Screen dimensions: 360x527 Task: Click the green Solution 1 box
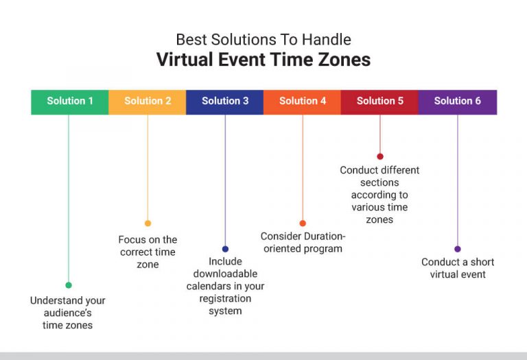point(70,101)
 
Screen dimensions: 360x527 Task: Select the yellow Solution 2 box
point(148,101)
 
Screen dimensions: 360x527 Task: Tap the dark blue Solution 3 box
point(225,101)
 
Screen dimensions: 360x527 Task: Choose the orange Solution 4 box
point(303,101)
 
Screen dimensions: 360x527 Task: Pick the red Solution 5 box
point(379,101)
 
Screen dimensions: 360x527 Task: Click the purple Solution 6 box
point(458,101)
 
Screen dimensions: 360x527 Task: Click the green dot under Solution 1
point(69,285)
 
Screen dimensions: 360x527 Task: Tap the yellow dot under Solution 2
point(148,223)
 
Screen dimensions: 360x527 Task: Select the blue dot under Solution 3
point(225,249)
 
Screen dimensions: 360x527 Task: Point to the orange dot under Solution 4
point(303,223)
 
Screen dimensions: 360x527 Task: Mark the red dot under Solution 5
point(379,156)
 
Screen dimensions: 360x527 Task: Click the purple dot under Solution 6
point(458,249)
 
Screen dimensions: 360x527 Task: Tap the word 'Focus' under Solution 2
point(132,239)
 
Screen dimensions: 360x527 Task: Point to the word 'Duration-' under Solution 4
point(323,236)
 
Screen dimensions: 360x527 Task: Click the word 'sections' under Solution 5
point(379,182)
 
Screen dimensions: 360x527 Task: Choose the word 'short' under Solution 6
point(478,262)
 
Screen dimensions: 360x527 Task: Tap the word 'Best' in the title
point(189,39)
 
